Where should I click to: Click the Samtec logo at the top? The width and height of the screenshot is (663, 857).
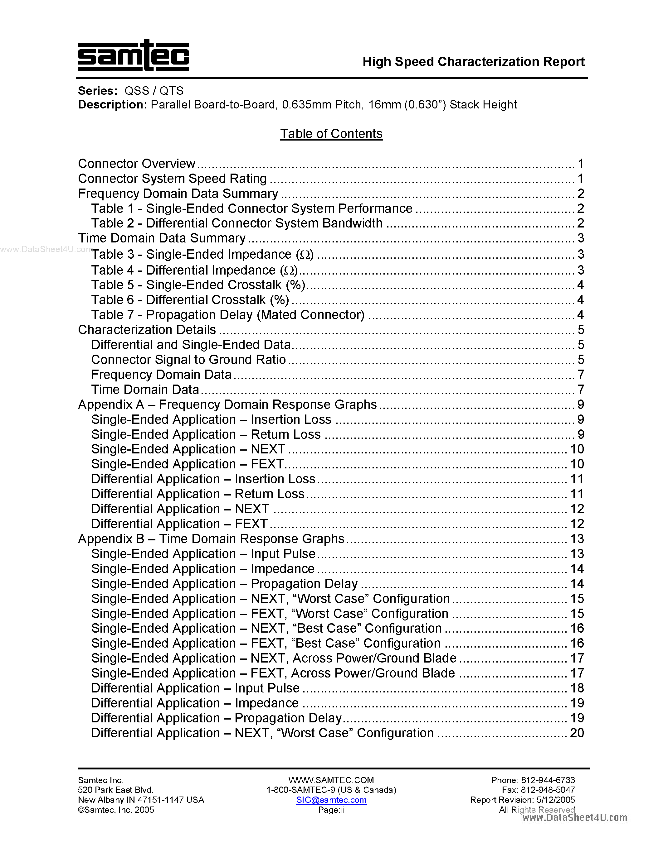133,56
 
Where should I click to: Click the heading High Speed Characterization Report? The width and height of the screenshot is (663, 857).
473,62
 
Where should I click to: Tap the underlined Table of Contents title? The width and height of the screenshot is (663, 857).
331,134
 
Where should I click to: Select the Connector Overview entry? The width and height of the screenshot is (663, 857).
137,164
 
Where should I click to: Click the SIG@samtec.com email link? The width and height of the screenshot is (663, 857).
331,800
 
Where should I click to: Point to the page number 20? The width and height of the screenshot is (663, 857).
577,733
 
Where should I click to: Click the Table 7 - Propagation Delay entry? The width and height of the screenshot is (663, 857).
228,315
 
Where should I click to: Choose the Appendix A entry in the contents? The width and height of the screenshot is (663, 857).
227,405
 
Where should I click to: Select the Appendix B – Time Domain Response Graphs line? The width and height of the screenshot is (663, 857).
211,539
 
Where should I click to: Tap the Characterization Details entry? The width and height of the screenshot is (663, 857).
147,330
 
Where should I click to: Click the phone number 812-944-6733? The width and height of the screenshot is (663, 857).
548,780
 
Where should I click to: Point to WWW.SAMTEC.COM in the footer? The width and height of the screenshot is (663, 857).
331,780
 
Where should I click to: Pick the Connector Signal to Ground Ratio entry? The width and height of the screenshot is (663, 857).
188,359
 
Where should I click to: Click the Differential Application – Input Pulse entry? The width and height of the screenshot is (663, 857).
195,688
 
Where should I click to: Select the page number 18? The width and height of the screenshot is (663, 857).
577,688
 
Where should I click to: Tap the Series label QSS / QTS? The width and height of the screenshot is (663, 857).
154,91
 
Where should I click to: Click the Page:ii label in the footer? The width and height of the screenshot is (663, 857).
331,810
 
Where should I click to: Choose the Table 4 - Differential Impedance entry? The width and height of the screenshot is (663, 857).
194,271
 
